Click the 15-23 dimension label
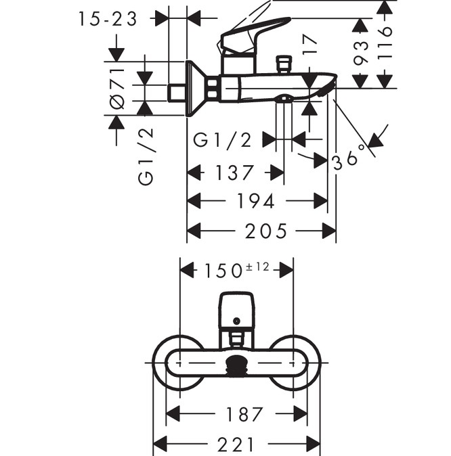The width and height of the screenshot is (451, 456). [x=107, y=19]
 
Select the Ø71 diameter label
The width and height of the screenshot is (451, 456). [x=116, y=89]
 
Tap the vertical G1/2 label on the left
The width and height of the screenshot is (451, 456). [x=146, y=156]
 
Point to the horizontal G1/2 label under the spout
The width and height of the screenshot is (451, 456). [x=222, y=139]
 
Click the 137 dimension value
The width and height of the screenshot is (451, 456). [x=234, y=173]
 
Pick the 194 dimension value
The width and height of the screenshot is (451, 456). [x=256, y=201]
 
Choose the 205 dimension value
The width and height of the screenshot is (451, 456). [x=266, y=231]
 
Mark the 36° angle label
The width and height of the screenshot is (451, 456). [x=349, y=158]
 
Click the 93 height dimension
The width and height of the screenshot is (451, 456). [x=360, y=53]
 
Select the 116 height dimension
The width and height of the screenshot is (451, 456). [x=385, y=43]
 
